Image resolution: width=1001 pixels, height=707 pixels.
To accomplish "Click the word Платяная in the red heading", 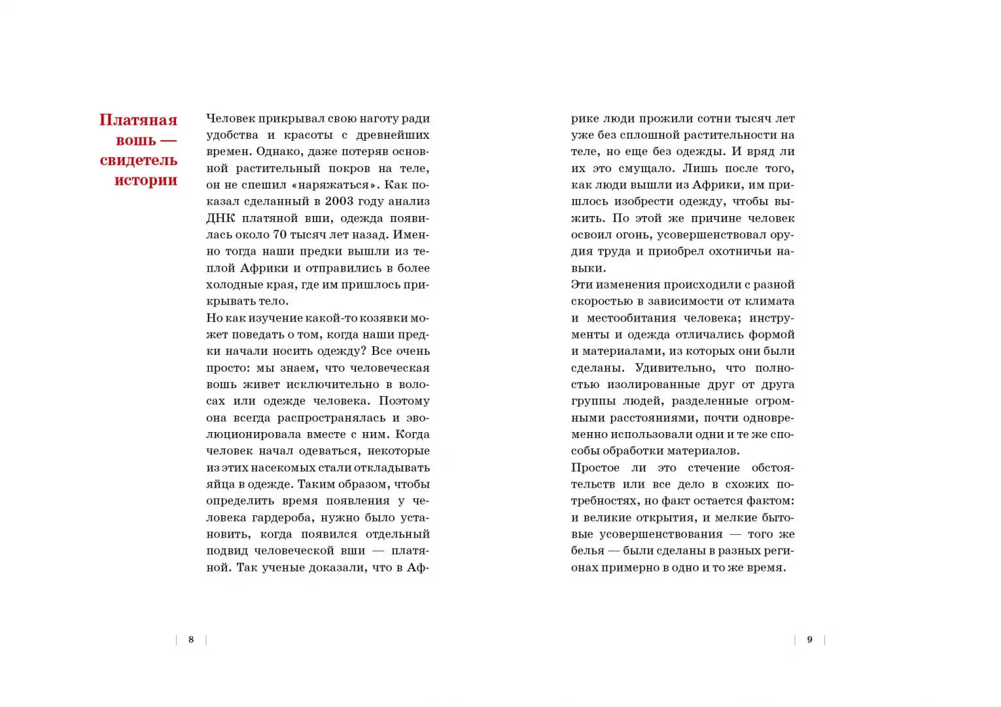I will click(138, 120).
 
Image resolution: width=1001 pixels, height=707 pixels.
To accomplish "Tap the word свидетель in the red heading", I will click(138, 160).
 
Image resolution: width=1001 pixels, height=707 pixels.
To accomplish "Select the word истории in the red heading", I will click(145, 180).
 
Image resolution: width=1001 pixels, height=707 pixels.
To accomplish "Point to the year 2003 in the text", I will click(339, 202).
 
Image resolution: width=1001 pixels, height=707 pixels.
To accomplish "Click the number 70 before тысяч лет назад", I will click(279, 235).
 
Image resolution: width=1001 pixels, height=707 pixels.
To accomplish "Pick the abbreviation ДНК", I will click(220, 218).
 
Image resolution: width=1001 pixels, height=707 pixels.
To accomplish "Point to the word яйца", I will click(220, 484).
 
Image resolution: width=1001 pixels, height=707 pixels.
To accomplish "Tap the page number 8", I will click(191, 640).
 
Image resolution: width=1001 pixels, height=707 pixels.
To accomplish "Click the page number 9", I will click(809, 640).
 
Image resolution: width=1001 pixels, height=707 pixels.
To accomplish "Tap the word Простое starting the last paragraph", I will click(595, 468).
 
